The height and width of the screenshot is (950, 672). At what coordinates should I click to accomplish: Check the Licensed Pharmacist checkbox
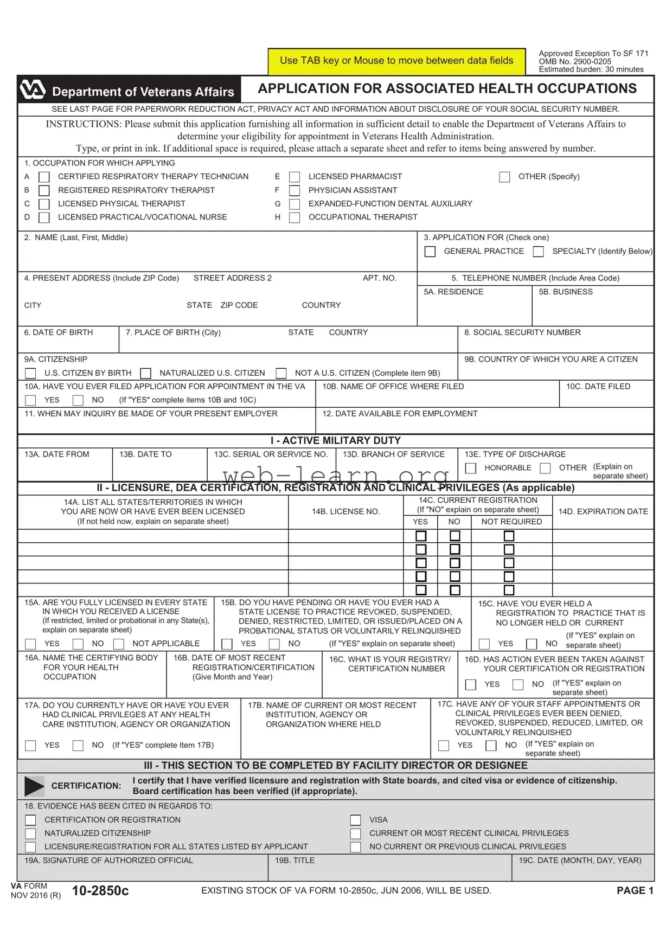coord(295,177)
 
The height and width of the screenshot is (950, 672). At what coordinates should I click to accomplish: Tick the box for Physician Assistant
coord(295,191)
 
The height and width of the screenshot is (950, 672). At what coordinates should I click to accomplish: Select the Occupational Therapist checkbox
coord(295,217)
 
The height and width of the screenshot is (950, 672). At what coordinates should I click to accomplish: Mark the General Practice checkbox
coord(430,252)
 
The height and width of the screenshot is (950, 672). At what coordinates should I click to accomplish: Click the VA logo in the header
coord(32,90)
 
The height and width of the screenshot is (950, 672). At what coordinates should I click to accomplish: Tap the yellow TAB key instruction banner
coord(396,61)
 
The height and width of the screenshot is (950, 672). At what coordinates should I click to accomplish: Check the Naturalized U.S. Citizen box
coord(145,374)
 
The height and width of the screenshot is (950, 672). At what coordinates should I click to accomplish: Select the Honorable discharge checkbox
coord(471,468)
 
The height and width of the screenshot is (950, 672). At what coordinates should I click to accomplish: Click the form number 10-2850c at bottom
coord(100,891)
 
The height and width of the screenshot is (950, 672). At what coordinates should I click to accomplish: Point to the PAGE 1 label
coord(635,890)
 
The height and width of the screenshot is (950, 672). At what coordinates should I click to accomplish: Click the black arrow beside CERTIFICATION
coord(34,786)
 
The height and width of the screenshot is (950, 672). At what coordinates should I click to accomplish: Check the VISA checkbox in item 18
coord(355,820)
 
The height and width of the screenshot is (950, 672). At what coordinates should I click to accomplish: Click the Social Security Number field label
coord(522,332)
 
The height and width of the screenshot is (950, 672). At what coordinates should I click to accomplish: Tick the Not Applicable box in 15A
coord(119,644)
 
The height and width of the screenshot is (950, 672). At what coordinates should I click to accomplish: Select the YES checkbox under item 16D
coord(471,685)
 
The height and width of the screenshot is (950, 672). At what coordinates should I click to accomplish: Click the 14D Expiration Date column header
coord(603,511)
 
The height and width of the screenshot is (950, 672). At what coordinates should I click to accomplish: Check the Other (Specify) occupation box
coord(504,177)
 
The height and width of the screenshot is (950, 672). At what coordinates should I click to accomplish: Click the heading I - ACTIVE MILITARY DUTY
coord(335,440)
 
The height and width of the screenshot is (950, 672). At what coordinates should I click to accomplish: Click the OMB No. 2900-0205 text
coord(574,61)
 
